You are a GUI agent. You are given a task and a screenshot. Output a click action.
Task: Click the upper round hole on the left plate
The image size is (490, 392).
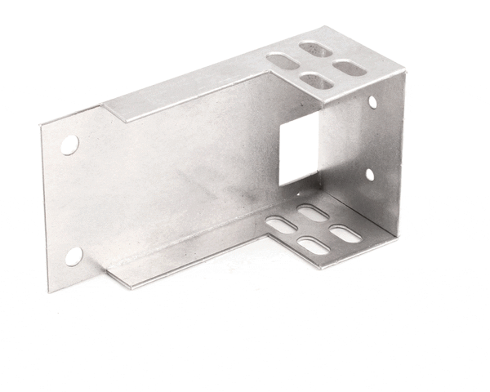click(69, 145)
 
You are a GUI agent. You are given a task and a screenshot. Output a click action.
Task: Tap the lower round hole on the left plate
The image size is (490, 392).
click(73, 256)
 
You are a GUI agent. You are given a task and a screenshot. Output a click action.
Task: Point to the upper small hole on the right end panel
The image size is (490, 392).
click(372, 102)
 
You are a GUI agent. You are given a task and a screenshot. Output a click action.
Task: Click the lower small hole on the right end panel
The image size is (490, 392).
click(369, 174)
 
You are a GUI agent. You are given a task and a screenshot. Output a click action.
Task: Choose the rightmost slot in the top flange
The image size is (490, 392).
click(350, 68)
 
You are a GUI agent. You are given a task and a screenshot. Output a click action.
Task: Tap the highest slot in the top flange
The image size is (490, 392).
click(314, 49)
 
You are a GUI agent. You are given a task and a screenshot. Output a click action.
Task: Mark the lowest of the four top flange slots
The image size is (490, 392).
click(317, 80)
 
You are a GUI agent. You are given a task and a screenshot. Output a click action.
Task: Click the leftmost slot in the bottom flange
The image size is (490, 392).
click(281, 222)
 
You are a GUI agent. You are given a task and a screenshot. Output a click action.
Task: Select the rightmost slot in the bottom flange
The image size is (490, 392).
click(345, 234)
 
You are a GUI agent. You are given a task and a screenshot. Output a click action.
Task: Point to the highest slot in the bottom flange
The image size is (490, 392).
click(313, 212)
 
